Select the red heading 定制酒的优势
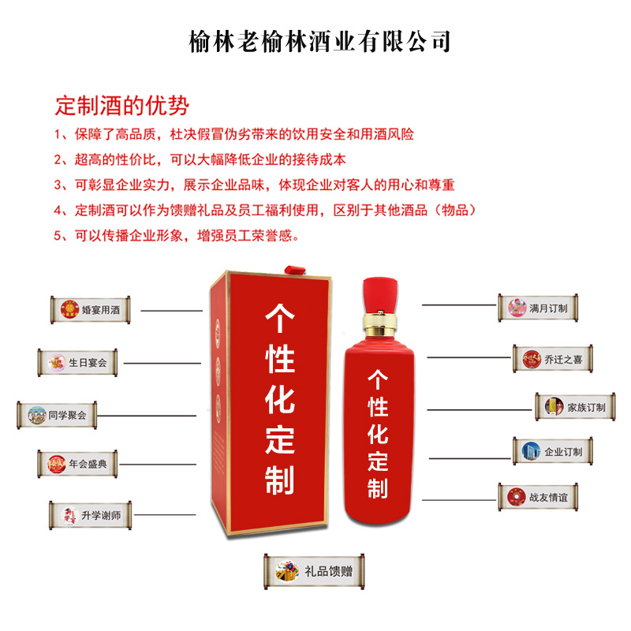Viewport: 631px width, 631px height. (121, 106)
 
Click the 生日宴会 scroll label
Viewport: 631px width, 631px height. (82, 363)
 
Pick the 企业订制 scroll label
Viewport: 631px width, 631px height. (552, 452)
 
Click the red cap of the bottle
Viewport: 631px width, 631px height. (381, 290)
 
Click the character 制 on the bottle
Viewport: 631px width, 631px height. (378, 487)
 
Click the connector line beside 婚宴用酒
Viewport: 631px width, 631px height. (171, 311)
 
